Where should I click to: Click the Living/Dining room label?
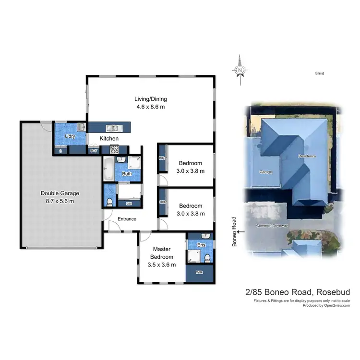(x=150, y=103)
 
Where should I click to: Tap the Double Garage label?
(x=60, y=197)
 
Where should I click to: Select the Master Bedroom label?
(x=162, y=256)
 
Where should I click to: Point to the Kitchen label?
(x=109, y=139)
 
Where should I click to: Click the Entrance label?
(x=127, y=219)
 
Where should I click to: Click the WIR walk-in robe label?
(x=199, y=272)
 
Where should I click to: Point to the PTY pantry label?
(x=94, y=151)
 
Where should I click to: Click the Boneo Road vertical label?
(x=235, y=232)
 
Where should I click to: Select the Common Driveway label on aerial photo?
(x=272, y=226)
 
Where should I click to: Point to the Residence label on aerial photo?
(x=307, y=156)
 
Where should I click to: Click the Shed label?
(x=320, y=73)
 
